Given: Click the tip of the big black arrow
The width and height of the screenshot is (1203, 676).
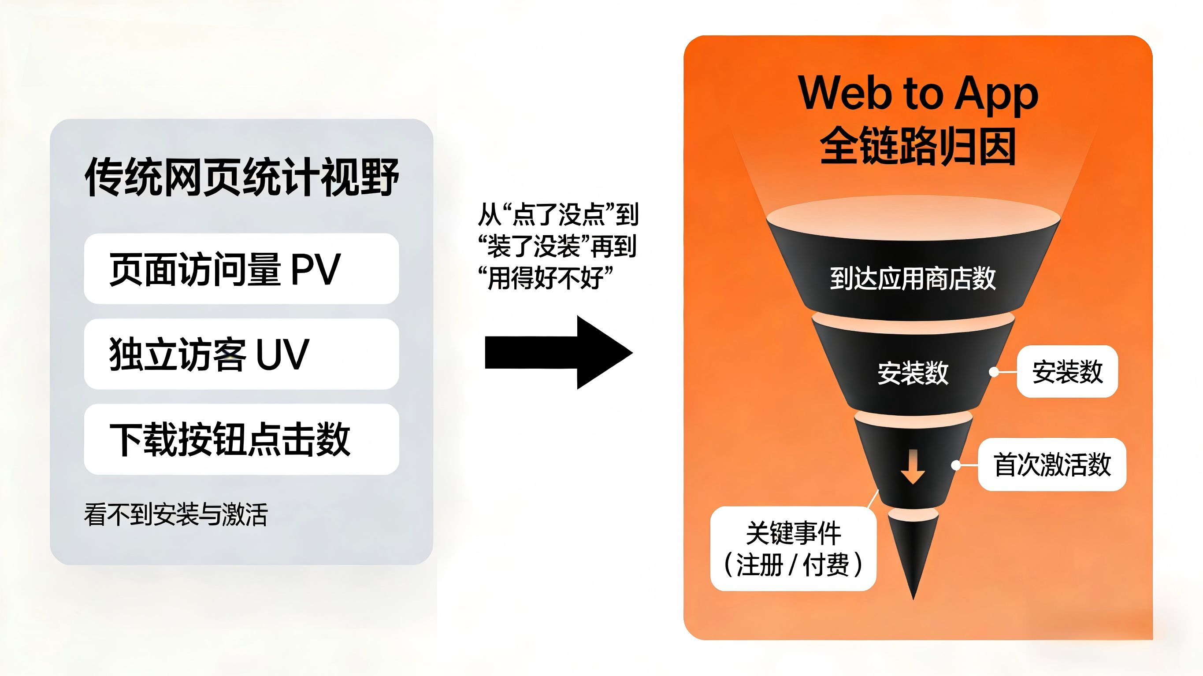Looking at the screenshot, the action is coord(633,352).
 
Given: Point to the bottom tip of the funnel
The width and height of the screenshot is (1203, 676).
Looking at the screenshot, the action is coord(913,599).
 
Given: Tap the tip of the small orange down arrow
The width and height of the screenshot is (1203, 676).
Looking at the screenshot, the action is coord(913,484).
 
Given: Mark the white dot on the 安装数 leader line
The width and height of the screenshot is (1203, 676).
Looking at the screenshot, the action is coord(994,372).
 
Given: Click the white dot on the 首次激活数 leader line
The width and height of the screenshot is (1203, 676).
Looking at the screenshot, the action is coord(956,465).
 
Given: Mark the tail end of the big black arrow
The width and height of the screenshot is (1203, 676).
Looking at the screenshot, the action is coord(486,352).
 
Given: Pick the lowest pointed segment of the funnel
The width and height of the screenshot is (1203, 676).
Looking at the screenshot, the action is coord(913,551).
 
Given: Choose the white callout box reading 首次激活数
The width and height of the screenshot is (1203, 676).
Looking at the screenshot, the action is coord(1052,465).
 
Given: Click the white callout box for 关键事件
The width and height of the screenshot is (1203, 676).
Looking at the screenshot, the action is coord(793,549).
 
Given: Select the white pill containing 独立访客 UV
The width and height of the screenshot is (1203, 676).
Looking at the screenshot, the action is coord(241,354).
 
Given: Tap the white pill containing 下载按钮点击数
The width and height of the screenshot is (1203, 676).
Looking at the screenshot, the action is coord(241,440).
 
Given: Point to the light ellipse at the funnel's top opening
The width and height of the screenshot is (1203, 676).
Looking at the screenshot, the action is coord(913,218).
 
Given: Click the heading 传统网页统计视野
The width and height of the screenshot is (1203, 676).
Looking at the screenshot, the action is coord(241,177).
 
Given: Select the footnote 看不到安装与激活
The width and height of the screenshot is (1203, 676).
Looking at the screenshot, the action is coord(176,514).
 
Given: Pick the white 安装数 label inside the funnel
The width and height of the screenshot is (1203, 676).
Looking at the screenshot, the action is coord(913,373).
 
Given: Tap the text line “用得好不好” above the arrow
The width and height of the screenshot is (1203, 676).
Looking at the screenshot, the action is coord(546,278).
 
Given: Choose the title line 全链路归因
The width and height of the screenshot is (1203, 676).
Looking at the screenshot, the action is coord(918,146).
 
